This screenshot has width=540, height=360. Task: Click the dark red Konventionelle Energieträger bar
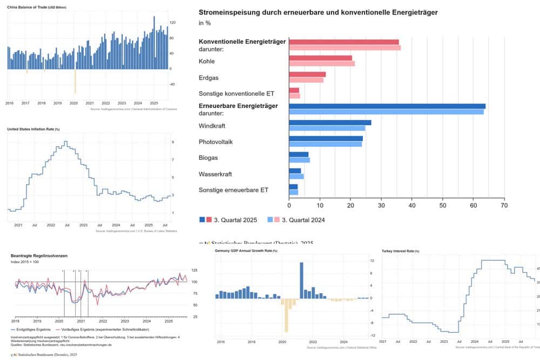(x=344, y=42)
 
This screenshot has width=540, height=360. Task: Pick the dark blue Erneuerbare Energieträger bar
(x=387, y=106)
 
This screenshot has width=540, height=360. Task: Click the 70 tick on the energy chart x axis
(x=504, y=205)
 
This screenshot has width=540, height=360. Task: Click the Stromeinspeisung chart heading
(x=318, y=12)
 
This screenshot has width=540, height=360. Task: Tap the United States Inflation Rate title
(x=33, y=130)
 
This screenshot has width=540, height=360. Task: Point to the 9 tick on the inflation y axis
(x=172, y=142)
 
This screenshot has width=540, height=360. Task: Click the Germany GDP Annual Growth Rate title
(x=246, y=251)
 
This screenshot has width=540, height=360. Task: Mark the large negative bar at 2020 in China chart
(x=75, y=81)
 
